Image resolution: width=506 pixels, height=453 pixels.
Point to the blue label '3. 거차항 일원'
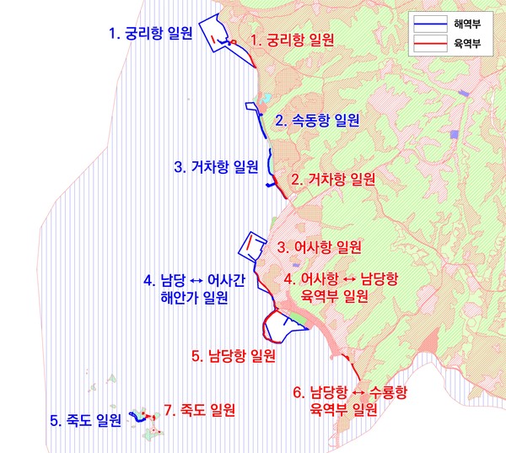[x=215, y=166]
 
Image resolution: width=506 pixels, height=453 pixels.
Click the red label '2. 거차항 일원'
[x=332, y=179]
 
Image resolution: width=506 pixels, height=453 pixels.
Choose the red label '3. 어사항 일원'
[x=320, y=247]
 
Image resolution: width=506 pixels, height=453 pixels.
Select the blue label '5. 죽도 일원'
[x=85, y=419]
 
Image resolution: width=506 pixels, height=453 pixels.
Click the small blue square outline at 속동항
[x=251, y=107]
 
